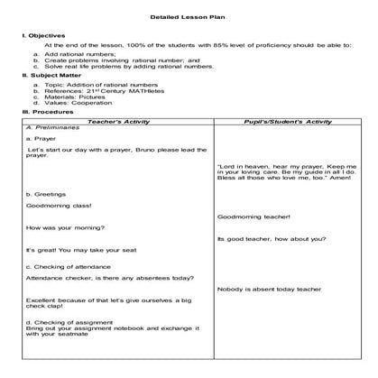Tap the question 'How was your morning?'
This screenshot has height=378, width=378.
click(60, 226)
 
